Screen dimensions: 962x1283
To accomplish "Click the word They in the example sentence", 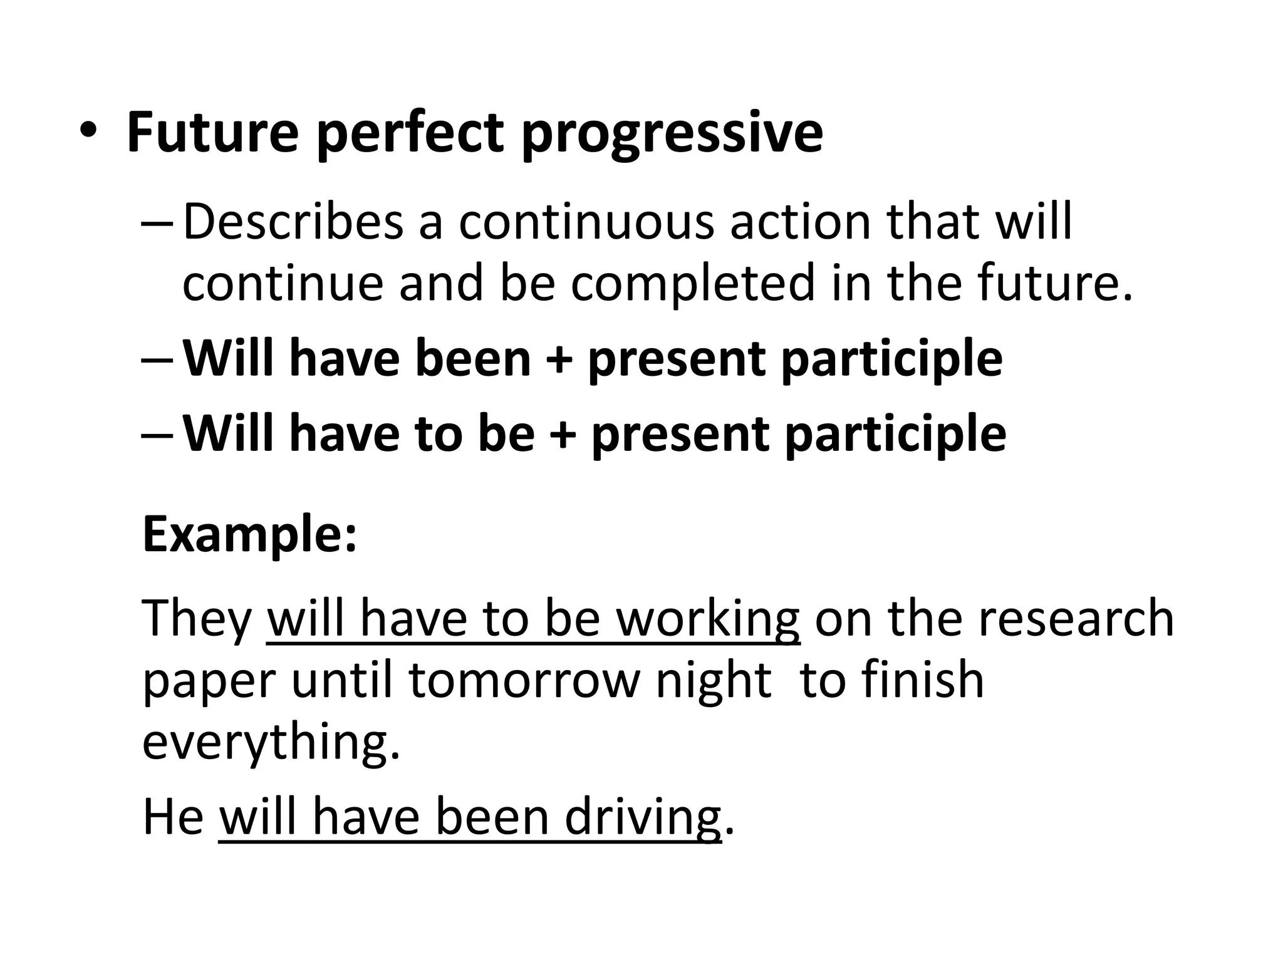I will coord(197,618).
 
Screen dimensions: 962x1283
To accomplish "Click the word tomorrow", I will coord(524,681).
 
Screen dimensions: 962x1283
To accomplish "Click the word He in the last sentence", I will coord(173,817).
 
